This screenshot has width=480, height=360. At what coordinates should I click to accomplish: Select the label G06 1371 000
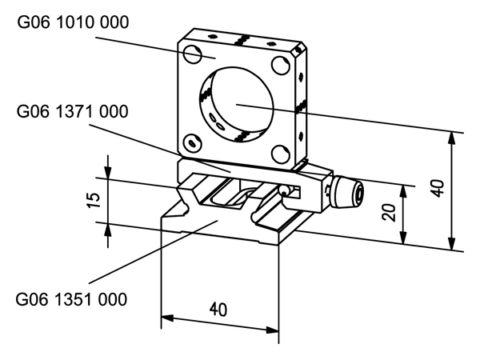click(72, 111)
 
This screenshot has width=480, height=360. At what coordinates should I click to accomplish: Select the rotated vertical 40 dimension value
click(436, 190)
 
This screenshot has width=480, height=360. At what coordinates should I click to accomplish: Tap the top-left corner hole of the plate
click(192, 54)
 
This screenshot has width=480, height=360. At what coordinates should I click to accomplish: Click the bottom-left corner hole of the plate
click(190, 143)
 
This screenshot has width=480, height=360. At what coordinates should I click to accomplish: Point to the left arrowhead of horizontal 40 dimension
click(166, 320)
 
